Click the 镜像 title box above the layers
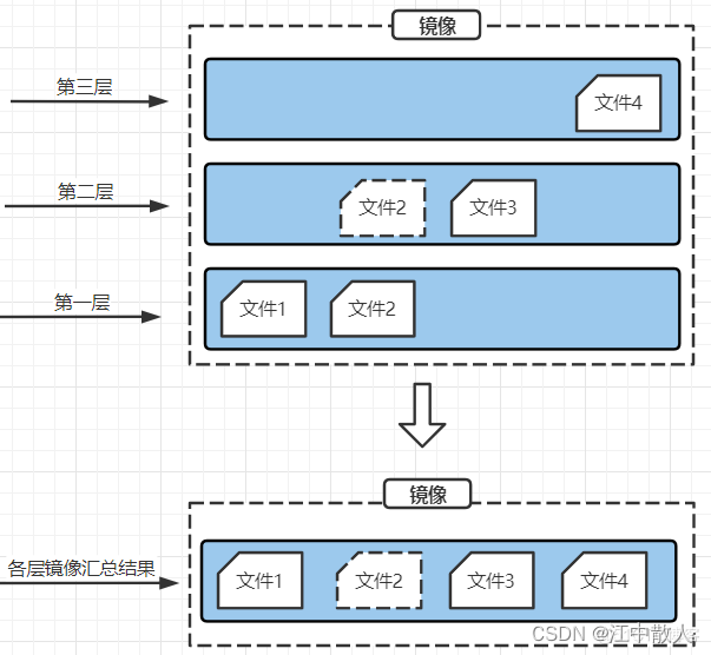[436, 25]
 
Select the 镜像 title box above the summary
[428, 494]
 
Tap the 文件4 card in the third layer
[619, 103]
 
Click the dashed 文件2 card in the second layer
[383, 208]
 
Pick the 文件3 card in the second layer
[493, 208]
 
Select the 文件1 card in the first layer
[263, 309]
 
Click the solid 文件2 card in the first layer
[373, 309]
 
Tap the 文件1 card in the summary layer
[260, 580]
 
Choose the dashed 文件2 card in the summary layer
[379, 580]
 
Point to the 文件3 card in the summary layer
[492, 580]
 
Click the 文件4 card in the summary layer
[604, 580]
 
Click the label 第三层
[84, 87]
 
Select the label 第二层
[85, 191]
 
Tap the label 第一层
[82, 302]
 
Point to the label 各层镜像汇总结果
[81, 568]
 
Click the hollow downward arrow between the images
[422, 415]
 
